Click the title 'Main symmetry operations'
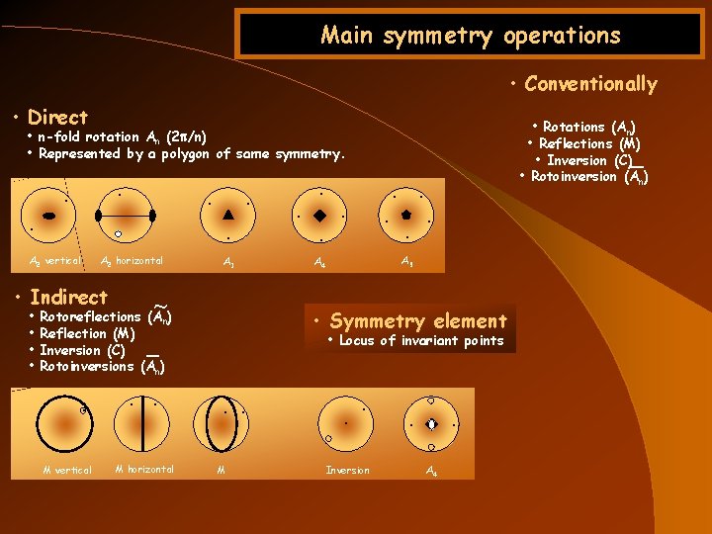(471, 37)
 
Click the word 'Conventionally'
(590, 84)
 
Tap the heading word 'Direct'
(57, 117)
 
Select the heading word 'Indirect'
(68, 297)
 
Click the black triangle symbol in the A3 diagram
(228, 214)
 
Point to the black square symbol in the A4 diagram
(319, 215)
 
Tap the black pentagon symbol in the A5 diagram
(405, 214)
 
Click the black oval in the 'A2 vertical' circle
(48, 215)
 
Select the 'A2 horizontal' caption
(133, 261)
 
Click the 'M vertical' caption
(66, 470)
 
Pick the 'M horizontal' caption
(144, 469)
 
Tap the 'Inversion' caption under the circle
(348, 470)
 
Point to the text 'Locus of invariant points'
(421, 341)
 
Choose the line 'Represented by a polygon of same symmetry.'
(192, 154)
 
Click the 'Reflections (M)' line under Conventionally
(590, 143)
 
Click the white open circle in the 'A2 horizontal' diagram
(118, 233)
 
